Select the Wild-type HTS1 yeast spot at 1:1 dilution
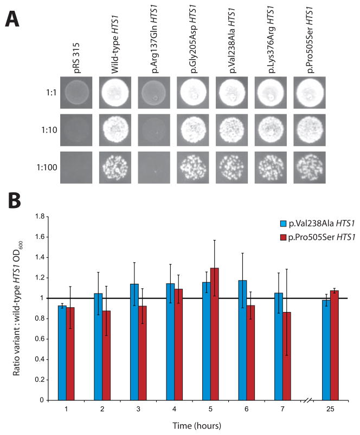[x=118, y=94]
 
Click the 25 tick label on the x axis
[x=330, y=409]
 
